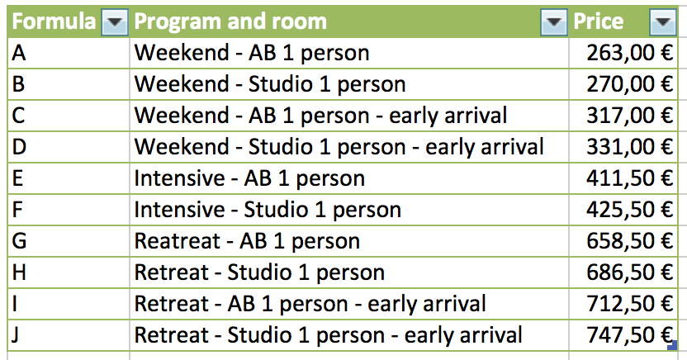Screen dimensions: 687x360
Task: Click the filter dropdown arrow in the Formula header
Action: tap(115, 21)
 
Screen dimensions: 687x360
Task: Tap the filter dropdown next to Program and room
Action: tap(554, 21)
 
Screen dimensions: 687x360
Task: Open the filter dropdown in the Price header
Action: tap(662, 21)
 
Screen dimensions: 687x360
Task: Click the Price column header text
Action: tap(599, 21)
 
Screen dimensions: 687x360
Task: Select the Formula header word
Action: tap(54, 21)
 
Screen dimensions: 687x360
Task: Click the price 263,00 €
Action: tap(629, 53)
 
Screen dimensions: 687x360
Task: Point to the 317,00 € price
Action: tap(629, 116)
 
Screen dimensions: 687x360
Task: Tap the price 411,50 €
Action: tap(629, 178)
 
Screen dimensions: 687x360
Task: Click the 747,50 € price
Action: tap(629, 335)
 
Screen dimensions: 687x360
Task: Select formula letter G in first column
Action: tap(19, 241)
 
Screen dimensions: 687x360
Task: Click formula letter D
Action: tap(19, 147)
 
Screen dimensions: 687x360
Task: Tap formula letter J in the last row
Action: tap(16, 336)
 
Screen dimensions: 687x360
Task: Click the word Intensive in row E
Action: tap(180, 178)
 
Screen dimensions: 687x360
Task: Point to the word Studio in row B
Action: tap(281, 84)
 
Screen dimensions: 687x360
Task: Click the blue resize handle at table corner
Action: tap(672, 345)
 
